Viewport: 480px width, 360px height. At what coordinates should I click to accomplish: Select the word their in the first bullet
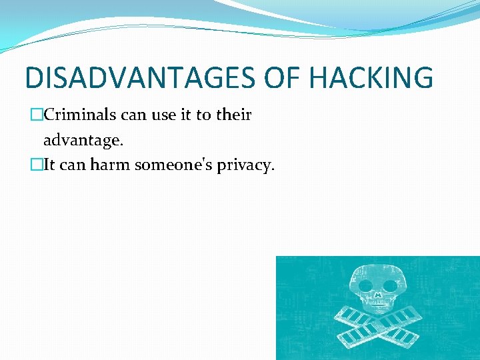[x=233, y=115]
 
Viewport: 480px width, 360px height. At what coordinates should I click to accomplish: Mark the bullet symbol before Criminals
[x=37, y=115]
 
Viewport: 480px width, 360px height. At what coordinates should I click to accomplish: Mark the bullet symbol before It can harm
[x=37, y=165]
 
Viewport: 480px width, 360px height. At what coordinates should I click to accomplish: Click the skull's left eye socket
[x=365, y=285]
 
